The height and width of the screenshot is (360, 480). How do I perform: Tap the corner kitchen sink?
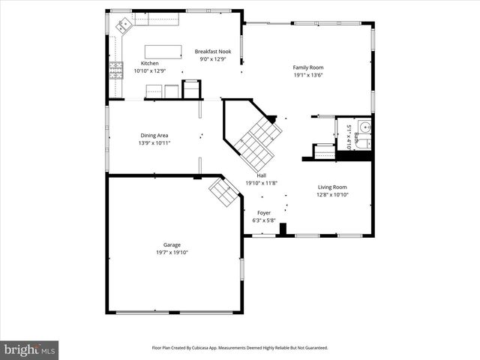(121, 26)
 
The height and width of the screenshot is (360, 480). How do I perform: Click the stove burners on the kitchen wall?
(116, 71)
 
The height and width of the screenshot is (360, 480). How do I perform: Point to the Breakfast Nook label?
(213, 52)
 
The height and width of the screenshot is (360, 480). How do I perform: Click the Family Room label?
(307, 67)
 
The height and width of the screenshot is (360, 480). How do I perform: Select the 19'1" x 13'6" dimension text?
(307, 75)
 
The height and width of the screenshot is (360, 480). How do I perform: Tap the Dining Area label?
(154, 135)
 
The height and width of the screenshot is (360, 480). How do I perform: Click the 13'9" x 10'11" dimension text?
(154, 142)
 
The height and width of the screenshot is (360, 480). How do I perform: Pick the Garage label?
(172, 244)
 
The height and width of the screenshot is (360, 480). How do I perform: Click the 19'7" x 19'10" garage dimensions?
(172, 252)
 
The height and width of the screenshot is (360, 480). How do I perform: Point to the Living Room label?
(332, 187)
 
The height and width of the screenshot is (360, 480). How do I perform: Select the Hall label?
(261, 175)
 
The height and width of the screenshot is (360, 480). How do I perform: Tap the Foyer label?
(264, 212)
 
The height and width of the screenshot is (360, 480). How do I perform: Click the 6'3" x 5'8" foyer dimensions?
(264, 220)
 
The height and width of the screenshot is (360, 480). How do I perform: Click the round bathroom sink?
(364, 127)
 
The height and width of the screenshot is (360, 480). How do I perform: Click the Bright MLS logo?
(29, 349)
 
